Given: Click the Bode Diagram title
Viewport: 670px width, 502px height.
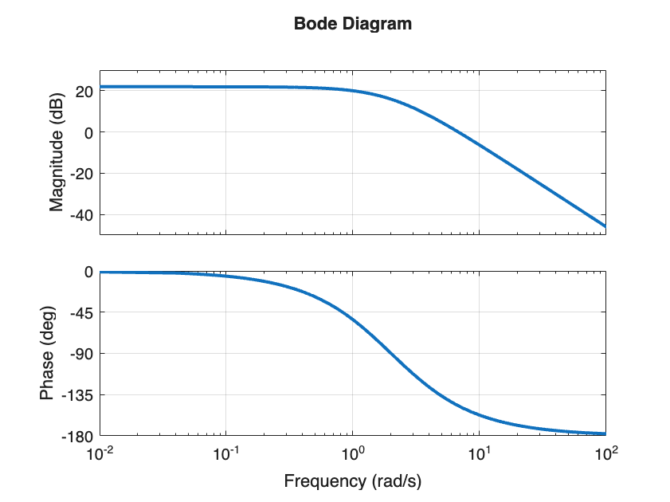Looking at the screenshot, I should tap(353, 24).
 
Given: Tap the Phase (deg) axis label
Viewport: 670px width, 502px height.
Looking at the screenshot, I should tap(48, 354).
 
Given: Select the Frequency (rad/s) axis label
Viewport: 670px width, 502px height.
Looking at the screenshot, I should tap(353, 481).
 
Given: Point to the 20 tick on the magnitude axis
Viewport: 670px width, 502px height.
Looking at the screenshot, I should tap(84, 91).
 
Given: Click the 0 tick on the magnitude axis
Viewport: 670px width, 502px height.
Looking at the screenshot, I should tap(89, 132).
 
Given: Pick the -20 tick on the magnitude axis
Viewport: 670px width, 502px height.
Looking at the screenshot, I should tap(82, 174).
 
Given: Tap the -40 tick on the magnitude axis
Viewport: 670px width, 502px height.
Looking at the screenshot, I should tap(82, 215).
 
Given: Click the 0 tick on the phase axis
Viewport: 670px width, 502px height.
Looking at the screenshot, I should tap(89, 271).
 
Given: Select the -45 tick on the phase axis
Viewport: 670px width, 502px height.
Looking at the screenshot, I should tap(82, 312).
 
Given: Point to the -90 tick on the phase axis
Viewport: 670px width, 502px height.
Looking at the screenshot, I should tap(82, 354).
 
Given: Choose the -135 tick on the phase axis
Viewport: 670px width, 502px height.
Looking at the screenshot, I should tap(79, 395).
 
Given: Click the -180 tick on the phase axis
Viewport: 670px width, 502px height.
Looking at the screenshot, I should tap(79, 437).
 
